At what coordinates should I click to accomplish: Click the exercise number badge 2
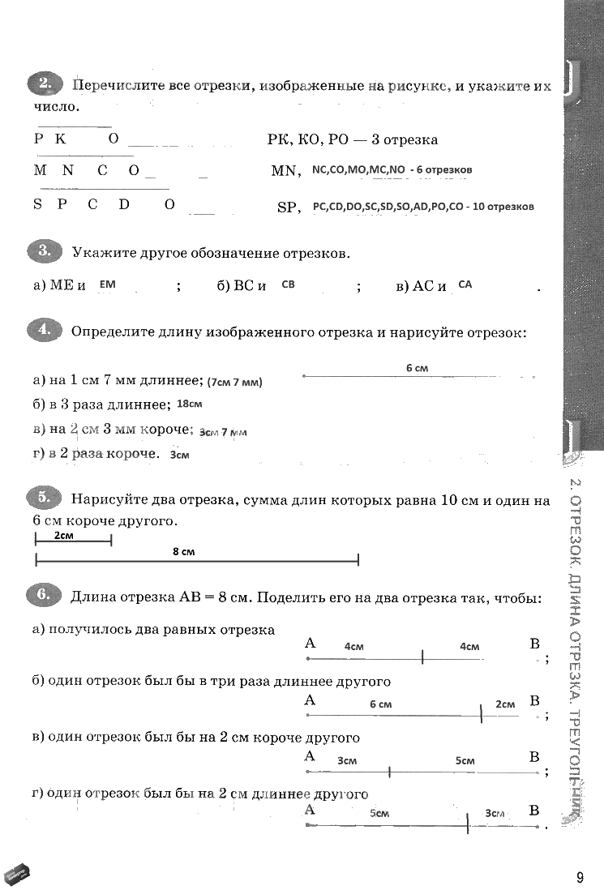point(44,83)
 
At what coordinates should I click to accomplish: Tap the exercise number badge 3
point(44,252)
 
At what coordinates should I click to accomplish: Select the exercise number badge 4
point(44,331)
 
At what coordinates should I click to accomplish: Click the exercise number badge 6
point(44,597)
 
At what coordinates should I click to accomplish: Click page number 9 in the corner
point(580,877)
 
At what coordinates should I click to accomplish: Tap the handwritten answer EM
point(108,284)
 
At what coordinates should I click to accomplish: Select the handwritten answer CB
point(288,285)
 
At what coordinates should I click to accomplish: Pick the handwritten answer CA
point(465,285)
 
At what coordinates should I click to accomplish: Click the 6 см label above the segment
point(417,368)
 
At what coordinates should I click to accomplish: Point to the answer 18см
point(189,403)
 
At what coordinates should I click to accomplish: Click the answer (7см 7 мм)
point(235,382)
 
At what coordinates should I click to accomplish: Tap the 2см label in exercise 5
point(65,536)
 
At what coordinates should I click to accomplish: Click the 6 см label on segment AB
point(380,704)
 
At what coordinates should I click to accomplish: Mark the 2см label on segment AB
point(505,704)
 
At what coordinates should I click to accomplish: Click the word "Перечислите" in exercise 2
point(119,85)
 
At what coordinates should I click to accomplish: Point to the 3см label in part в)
point(347,761)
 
